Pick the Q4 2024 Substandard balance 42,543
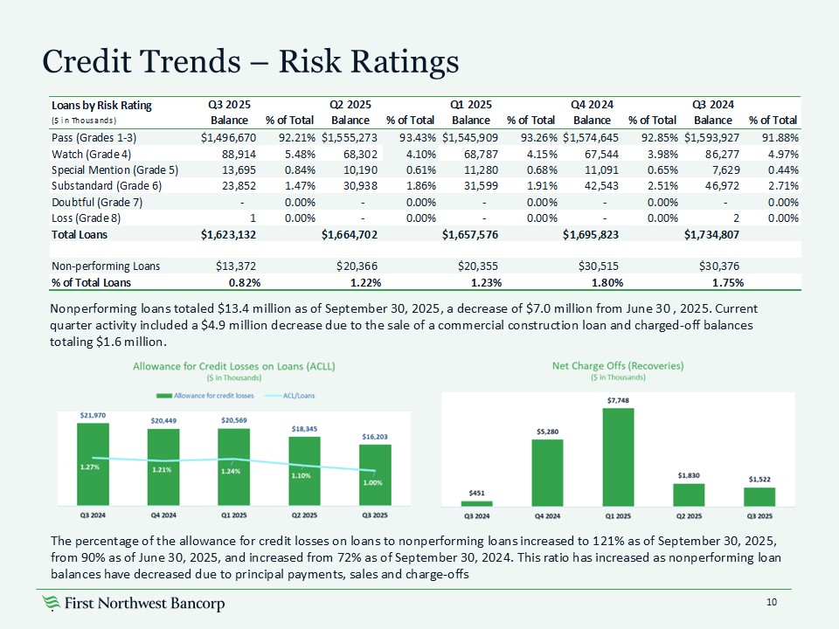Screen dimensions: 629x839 point(594,184)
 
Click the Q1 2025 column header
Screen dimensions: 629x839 point(469,105)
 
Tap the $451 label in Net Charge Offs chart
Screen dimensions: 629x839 point(477,494)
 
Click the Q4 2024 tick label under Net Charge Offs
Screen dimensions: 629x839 point(548,516)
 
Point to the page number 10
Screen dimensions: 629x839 point(771,602)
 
